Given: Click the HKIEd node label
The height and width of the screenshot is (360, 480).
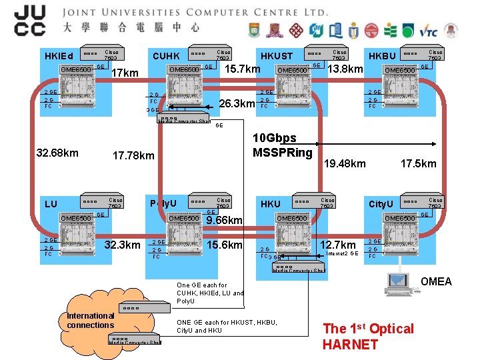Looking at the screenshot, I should point(58,55).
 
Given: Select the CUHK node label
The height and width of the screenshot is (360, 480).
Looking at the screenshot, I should point(167,56).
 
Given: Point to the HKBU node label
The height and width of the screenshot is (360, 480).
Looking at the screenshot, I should point(382,56).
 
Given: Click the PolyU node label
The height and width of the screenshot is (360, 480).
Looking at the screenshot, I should point(164,203).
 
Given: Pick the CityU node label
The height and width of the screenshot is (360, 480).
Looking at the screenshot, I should point(383,203).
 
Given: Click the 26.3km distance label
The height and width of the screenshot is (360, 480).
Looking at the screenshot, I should point(237,103).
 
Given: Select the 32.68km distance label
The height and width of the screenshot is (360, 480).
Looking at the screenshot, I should point(57,153).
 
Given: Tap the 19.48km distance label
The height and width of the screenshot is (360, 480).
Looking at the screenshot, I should point(344,163).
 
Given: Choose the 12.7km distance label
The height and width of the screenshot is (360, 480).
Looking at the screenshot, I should point(338,245).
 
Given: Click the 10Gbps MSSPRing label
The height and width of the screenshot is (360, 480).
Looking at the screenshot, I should point(283,146).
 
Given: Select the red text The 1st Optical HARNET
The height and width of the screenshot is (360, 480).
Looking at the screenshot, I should point(368,336).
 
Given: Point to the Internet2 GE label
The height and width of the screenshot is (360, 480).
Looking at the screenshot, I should point(344,254).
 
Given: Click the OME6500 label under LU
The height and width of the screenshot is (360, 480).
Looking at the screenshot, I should point(75,218).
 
